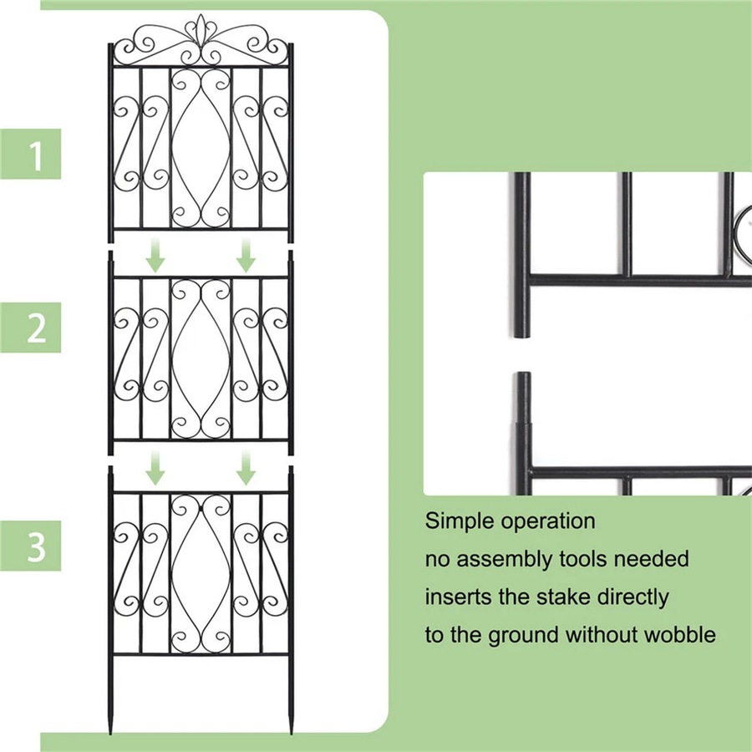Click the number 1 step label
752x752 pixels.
coord(36,155)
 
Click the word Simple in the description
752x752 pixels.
coord(460,522)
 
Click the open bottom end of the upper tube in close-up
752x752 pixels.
coord(522,333)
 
